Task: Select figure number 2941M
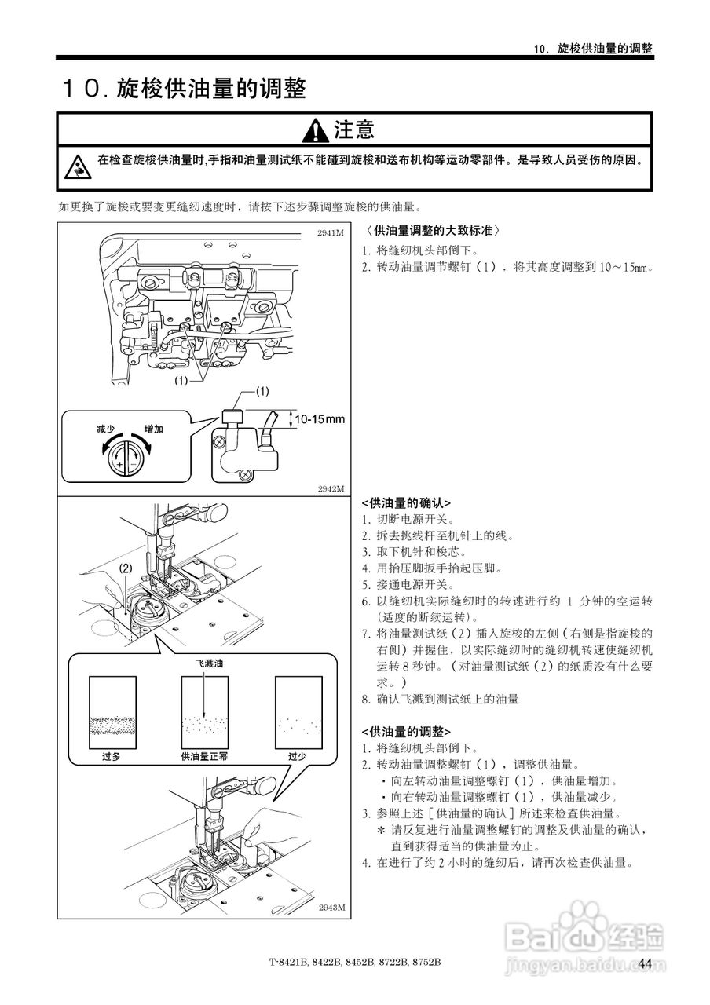click(331, 233)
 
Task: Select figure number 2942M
click(331, 488)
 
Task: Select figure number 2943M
click(331, 908)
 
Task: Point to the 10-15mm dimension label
click(320, 419)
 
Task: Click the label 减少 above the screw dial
click(106, 429)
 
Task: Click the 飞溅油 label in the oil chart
click(209, 663)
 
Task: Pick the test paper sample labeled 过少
click(298, 714)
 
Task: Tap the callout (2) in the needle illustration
click(126, 568)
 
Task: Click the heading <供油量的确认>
click(405, 503)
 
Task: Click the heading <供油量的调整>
click(405, 732)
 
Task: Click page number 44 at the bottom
click(645, 964)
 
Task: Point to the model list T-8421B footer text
click(354, 963)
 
